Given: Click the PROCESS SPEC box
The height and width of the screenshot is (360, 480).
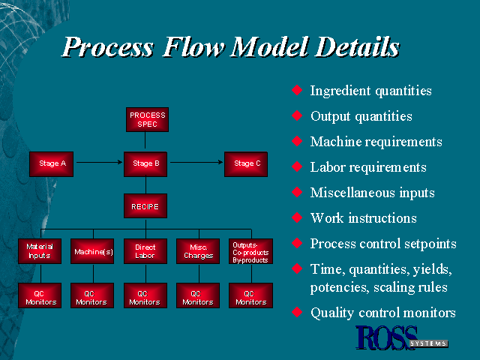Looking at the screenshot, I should tap(146, 119).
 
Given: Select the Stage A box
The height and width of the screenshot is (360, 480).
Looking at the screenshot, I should tap(50, 163).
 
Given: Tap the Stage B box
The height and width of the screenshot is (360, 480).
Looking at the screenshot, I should tap(146, 163).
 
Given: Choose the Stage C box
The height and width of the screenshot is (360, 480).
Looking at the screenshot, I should tap(246, 163).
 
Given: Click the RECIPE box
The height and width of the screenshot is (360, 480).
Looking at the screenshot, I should tap(146, 205).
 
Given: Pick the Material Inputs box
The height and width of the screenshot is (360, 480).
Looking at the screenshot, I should tap(40, 250).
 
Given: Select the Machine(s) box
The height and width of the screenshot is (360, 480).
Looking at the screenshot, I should tap(93, 251).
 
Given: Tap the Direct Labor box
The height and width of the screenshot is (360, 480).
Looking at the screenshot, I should tap(145, 250).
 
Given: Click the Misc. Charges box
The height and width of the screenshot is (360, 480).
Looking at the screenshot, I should tap(198, 250).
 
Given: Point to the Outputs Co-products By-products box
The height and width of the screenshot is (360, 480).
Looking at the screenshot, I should tap(250, 250).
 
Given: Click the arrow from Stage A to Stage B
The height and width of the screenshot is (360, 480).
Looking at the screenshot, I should tap(99, 161).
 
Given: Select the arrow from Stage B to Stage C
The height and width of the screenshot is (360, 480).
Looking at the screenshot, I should tap(196, 161).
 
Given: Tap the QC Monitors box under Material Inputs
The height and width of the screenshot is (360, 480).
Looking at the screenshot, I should tap(40, 297).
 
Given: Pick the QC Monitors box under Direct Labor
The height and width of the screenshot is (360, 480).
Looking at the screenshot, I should tap(145, 297).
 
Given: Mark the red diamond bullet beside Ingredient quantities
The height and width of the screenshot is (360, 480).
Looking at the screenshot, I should tap(297, 91).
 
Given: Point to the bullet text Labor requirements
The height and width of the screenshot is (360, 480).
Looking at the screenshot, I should tap(367, 167).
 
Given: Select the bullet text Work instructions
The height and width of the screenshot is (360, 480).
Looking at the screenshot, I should tap(363, 218).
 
